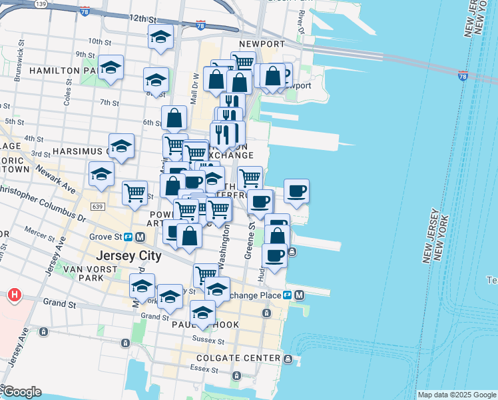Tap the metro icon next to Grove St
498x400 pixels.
140,237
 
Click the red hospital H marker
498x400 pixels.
13,294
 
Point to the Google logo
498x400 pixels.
21,392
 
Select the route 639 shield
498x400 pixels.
98,207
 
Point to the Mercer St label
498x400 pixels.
38,231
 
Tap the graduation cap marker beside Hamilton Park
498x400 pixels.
111,67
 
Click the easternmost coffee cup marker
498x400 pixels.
297,191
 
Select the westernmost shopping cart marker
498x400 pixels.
134,193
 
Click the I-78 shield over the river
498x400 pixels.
462,75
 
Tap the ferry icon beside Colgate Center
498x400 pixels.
288,359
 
